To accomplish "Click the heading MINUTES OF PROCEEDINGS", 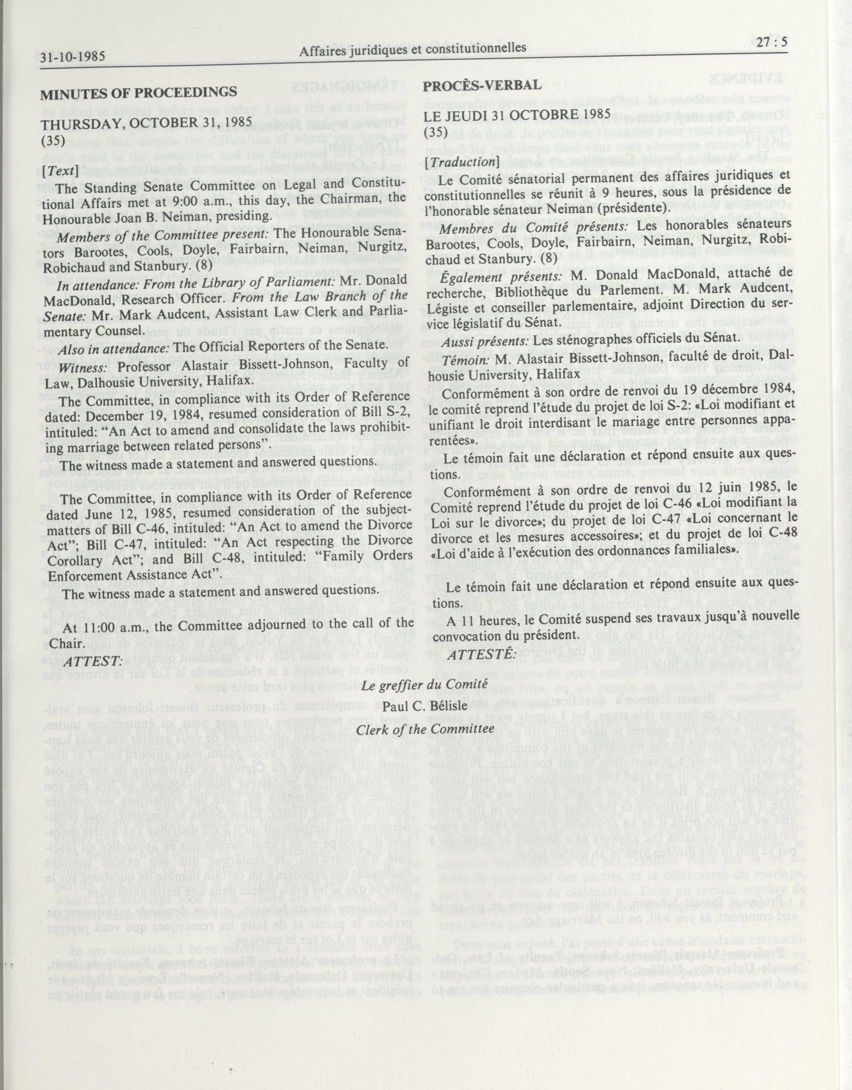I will pos(139,93).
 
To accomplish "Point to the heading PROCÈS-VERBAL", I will pos(482,85).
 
